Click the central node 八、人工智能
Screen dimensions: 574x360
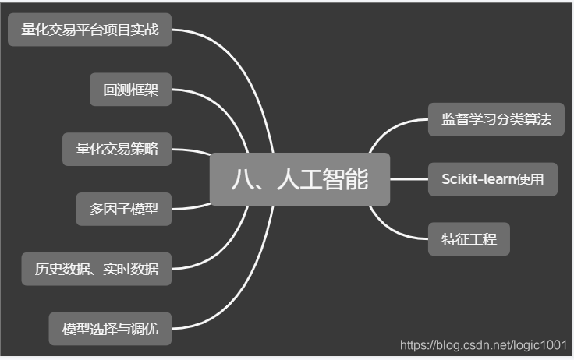tap(299, 179)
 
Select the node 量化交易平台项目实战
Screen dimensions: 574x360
tap(90, 30)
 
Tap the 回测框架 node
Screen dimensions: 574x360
tap(130, 89)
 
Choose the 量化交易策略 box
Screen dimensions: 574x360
tap(117, 149)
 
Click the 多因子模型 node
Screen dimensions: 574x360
tap(124, 208)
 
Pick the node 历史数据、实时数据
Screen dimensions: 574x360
tap(97, 269)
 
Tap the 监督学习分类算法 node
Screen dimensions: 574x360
tap(496, 120)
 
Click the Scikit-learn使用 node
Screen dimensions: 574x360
tap(493, 179)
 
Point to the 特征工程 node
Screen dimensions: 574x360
tap(469, 238)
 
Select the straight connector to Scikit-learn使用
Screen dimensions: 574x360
tap(409, 179)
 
